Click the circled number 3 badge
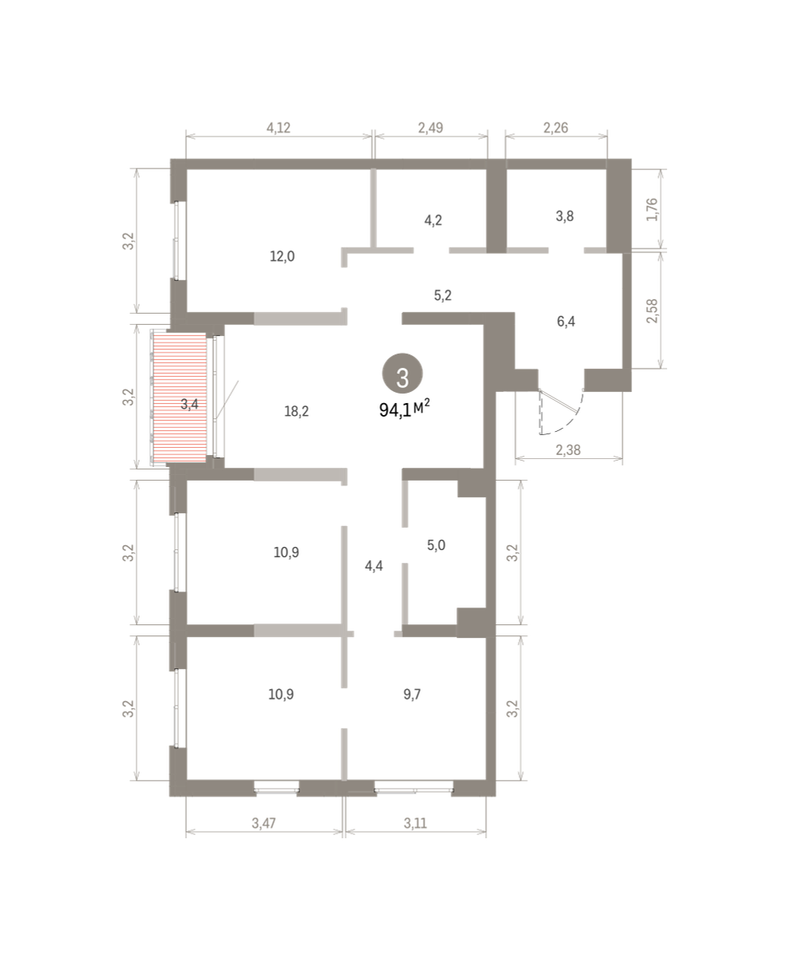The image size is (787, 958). tap(403, 374)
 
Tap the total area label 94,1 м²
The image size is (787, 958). tap(404, 409)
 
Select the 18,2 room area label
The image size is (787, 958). tap(296, 412)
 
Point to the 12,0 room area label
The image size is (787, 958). tap(282, 256)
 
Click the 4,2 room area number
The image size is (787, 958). tap(433, 220)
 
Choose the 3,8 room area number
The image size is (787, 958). tap(565, 216)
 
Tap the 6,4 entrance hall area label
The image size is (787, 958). tap(566, 322)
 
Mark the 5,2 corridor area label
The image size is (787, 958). tap(443, 295)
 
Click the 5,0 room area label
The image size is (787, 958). tap(436, 545)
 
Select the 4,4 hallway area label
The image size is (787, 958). tap(374, 566)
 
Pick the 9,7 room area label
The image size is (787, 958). tap(412, 695)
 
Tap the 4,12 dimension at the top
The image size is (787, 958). tap(278, 128)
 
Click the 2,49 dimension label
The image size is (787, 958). tap(431, 128)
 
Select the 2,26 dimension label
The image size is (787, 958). tap(555, 128)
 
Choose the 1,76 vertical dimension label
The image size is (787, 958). tap(652, 209)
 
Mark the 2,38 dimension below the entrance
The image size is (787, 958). tap(568, 449)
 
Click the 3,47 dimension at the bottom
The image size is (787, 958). tap(264, 823)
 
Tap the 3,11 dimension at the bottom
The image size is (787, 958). tap(415, 823)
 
